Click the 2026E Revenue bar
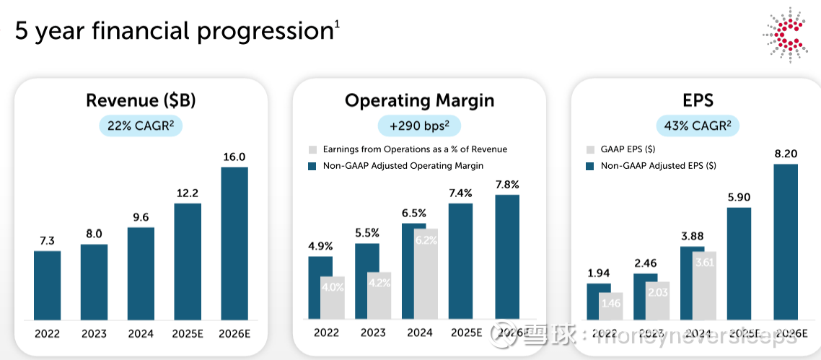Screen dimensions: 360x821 click(234, 243)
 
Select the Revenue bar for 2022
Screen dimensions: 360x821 click(48, 285)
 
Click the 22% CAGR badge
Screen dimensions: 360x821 click(141, 126)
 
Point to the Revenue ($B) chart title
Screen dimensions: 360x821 click(141, 100)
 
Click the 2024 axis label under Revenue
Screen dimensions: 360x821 click(141, 333)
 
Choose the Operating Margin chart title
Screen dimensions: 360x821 click(419, 100)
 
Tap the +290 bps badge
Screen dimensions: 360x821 click(419, 126)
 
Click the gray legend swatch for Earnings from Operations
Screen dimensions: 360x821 click(312, 149)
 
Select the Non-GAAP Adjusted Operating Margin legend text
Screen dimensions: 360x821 click(403, 166)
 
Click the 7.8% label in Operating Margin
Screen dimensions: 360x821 click(507, 185)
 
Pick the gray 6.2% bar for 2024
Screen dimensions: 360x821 click(426, 273)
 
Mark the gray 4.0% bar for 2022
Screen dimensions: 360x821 click(333, 297)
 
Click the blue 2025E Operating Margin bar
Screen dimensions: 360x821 click(460, 260)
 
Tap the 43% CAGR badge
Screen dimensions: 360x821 click(698, 126)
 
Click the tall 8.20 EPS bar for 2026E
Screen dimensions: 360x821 click(786, 242)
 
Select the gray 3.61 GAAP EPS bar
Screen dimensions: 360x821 click(704, 285)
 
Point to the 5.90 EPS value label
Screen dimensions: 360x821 click(739, 197)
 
